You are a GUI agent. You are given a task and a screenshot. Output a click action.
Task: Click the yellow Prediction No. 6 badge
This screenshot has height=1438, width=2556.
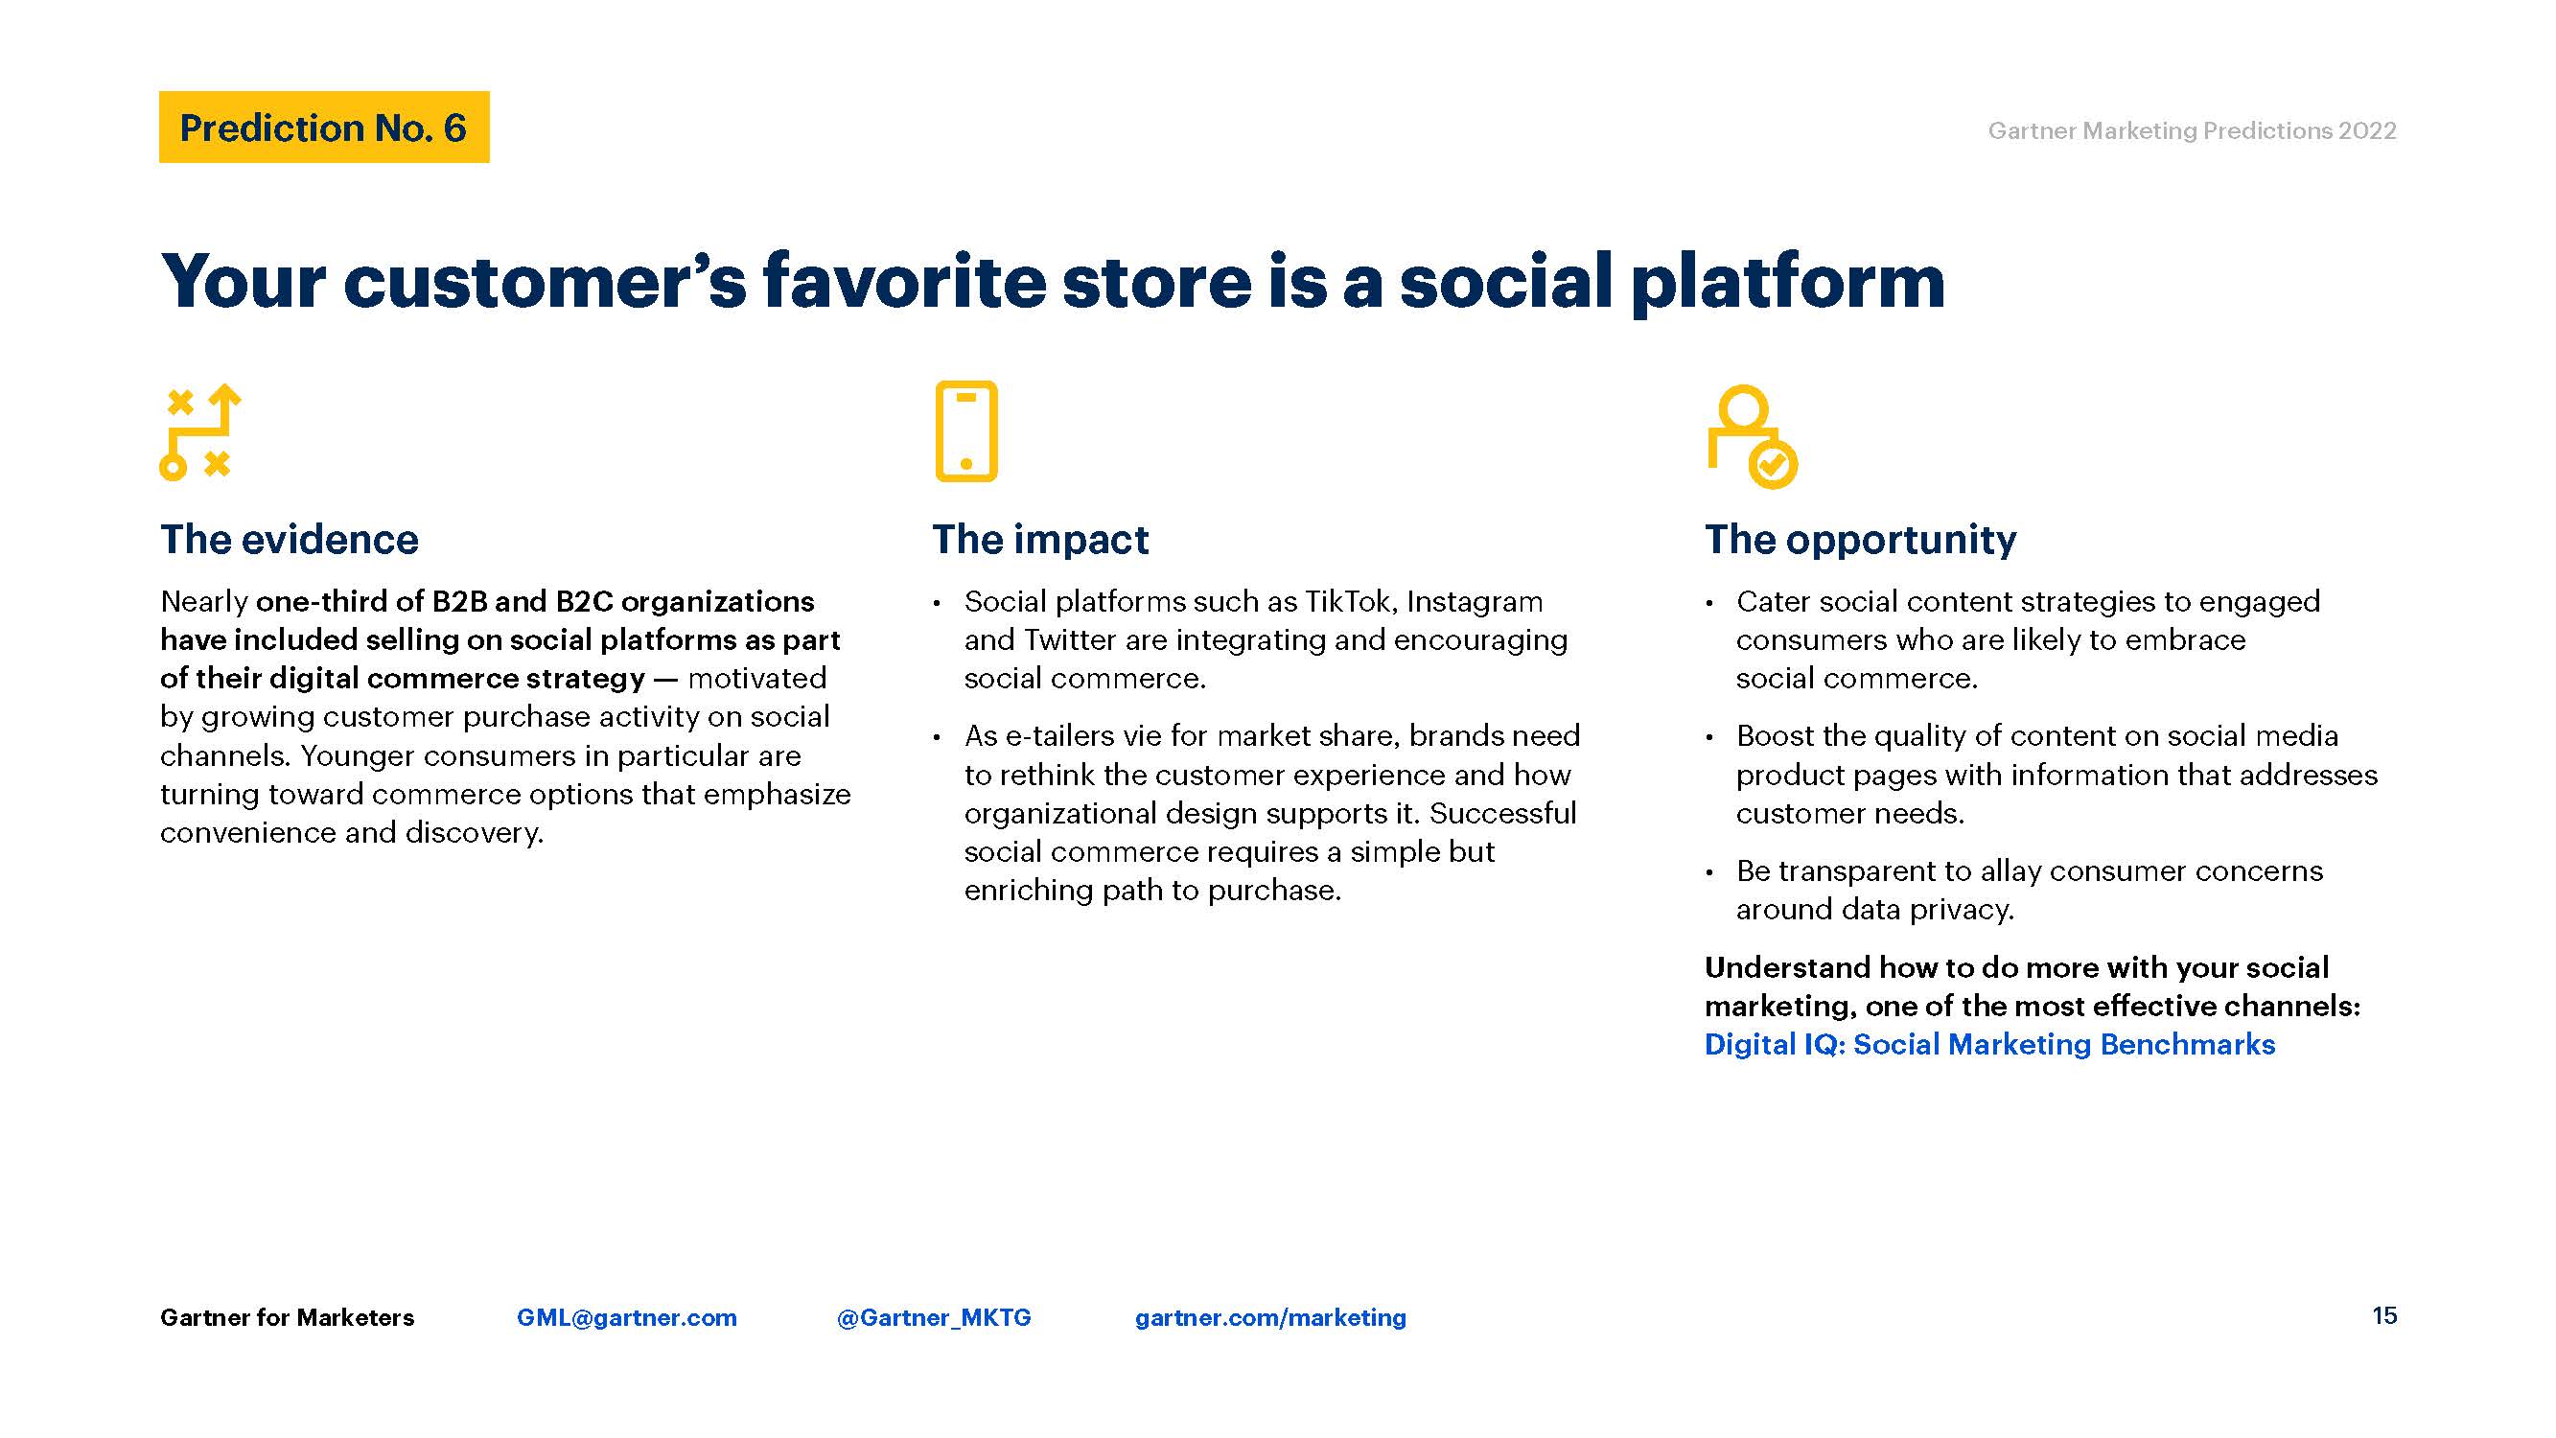click(323, 128)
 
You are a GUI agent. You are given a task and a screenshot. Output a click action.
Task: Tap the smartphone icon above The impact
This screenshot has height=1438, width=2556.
click(965, 430)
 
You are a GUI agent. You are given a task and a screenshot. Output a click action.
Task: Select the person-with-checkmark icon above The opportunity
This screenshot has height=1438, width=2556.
click(1752, 435)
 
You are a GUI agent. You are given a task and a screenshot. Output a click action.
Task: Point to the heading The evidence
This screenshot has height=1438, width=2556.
click(290, 539)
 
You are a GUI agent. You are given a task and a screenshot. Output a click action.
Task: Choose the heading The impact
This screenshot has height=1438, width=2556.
click(1040, 539)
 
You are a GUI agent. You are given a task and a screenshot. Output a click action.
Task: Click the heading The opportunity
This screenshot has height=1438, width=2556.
click(1861, 540)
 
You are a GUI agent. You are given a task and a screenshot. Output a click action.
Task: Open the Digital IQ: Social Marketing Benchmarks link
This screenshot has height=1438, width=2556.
click(1989, 1044)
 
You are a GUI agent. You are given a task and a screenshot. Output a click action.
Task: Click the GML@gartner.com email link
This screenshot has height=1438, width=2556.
click(627, 1317)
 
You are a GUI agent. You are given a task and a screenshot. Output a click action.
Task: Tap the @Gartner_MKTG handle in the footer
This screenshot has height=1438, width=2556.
click(934, 1317)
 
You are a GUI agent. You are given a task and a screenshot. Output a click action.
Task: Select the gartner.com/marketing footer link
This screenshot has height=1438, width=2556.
click(1270, 1317)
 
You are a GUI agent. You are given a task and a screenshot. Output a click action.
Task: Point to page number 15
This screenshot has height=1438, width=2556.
click(2384, 1316)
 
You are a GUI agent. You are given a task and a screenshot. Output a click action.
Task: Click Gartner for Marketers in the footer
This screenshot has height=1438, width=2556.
click(287, 1317)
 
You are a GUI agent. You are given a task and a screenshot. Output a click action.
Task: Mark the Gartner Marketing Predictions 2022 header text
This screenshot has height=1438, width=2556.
click(2192, 130)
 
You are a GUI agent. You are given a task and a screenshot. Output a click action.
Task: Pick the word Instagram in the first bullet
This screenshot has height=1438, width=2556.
click(1475, 602)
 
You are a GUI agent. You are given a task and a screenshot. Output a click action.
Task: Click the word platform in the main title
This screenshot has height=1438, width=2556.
click(1788, 283)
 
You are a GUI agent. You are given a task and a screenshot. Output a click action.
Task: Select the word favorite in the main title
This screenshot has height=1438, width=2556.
click(904, 281)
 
